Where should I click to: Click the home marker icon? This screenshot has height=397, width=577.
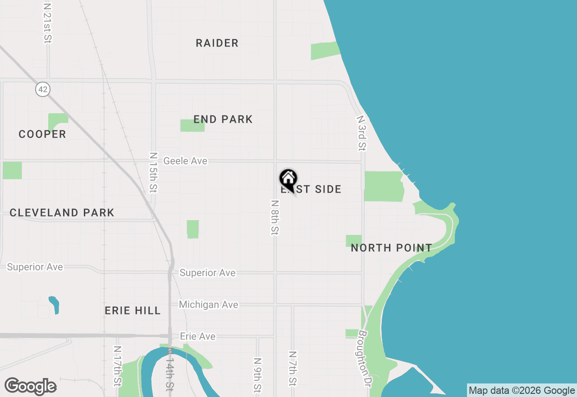pos(288,179)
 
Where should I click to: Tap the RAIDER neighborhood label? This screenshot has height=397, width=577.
pos(217,43)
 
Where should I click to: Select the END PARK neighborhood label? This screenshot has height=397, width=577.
pos(223,120)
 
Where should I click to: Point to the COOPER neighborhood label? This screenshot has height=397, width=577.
pos(42,134)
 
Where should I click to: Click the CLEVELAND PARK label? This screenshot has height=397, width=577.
pos(62,213)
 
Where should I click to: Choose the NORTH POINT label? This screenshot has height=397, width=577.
pos(391,248)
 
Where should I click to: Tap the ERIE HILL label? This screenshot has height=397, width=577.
pos(133,311)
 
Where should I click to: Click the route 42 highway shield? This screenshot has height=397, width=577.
pos(43,89)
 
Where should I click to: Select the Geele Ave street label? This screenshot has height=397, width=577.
pos(185,161)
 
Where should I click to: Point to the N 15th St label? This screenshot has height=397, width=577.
pos(153,172)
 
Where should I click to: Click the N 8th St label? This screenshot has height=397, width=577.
pos(275,217)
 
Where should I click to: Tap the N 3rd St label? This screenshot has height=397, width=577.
pos(361,133)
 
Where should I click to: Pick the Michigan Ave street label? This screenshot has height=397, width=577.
pos(208,305)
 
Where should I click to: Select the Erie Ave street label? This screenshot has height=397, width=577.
pos(197,337)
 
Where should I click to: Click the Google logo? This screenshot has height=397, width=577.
pos(30,387)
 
